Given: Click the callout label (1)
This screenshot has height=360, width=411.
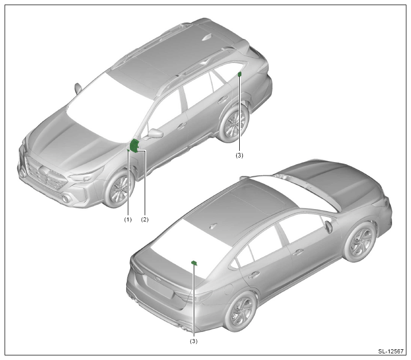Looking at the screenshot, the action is pyautogui.click(x=128, y=219).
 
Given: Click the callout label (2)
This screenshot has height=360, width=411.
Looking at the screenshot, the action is pyautogui.click(x=145, y=219).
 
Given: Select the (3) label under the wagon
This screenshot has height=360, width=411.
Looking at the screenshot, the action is pyautogui.click(x=239, y=155).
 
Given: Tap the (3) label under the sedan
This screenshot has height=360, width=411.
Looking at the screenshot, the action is pyautogui.click(x=194, y=341).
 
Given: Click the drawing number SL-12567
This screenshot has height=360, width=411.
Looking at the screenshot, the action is pyautogui.click(x=391, y=351).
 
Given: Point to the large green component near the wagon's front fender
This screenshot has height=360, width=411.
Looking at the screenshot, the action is pyautogui.click(x=134, y=146).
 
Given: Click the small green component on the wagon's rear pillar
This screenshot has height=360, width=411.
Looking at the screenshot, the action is pyautogui.click(x=239, y=74).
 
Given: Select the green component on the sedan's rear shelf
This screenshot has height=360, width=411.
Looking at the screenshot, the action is pyautogui.click(x=194, y=263).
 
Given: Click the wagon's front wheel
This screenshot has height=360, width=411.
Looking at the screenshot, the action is pyautogui.click(x=120, y=188).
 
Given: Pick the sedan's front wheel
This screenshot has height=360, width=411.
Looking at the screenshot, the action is pyautogui.click(x=359, y=242).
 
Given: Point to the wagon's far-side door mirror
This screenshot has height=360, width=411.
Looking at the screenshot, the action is pyautogui.click(x=78, y=88).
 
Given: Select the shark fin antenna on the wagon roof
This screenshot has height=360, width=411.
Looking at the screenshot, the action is pyautogui.click(x=208, y=37).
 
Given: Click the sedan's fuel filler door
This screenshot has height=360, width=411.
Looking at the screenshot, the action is pyautogui.click(x=229, y=289).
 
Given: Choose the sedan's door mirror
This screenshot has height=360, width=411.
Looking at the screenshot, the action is pyautogui.click(x=328, y=227).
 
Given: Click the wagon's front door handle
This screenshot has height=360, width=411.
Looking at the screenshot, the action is pyautogui.click(x=181, y=127).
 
